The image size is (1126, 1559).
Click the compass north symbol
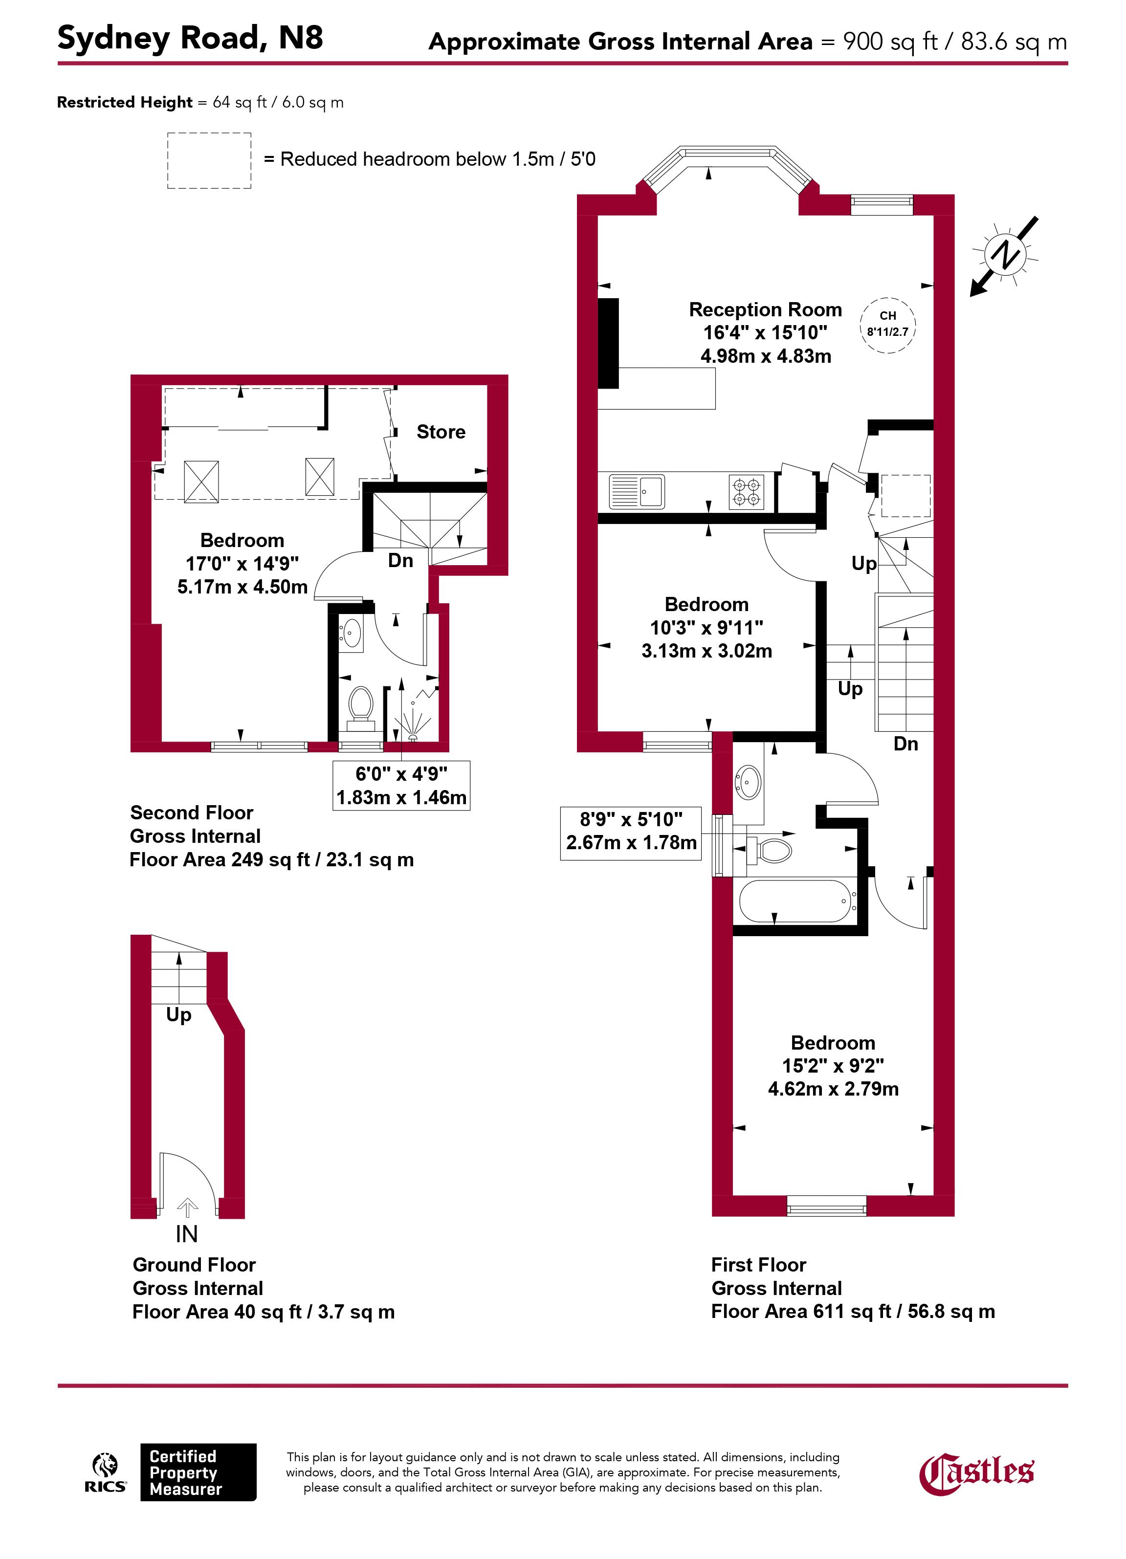pyautogui.click(x=1004, y=256)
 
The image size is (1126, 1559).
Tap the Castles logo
pyautogui.click(x=977, y=1472)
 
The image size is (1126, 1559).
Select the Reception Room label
pyautogui.click(x=765, y=309)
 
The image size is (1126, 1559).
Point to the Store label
pyautogui.click(x=441, y=432)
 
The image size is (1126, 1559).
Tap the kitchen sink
pyautogui.click(x=637, y=491)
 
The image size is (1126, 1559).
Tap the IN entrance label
pyautogui.click(x=186, y=1234)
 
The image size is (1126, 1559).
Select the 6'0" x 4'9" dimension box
pyautogui.click(x=401, y=786)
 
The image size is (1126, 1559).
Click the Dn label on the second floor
pyautogui.click(x=401, y=560)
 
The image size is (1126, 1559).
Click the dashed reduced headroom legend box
pyautogui.click(x=210, y=161)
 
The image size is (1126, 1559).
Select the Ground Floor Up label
pyautogui.click(x=179, y=1014)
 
